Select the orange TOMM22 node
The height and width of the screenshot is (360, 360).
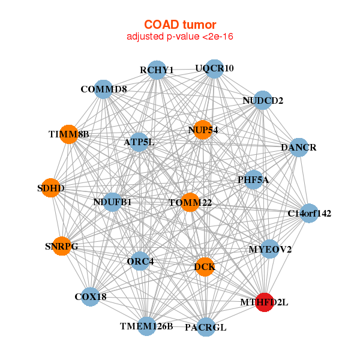(190, 202)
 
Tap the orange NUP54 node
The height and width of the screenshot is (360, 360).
(203, 130)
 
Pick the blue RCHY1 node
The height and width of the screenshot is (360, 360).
(156, 70)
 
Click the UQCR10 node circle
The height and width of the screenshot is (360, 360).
(214, 68)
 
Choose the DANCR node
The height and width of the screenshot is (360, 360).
(298, 147)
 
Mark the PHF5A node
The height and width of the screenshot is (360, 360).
(253, 179)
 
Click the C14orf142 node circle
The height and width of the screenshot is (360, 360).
(308, 213)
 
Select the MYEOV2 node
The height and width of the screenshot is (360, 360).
(270, 249)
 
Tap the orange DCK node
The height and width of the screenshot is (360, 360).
(205, 267)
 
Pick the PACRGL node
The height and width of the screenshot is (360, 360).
(205, 327)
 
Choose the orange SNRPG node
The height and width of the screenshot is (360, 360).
(61, 246)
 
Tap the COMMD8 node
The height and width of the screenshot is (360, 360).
(103, 89)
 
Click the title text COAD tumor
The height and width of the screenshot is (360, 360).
(180, 25)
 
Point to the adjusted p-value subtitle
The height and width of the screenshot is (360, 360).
(180, 37)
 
